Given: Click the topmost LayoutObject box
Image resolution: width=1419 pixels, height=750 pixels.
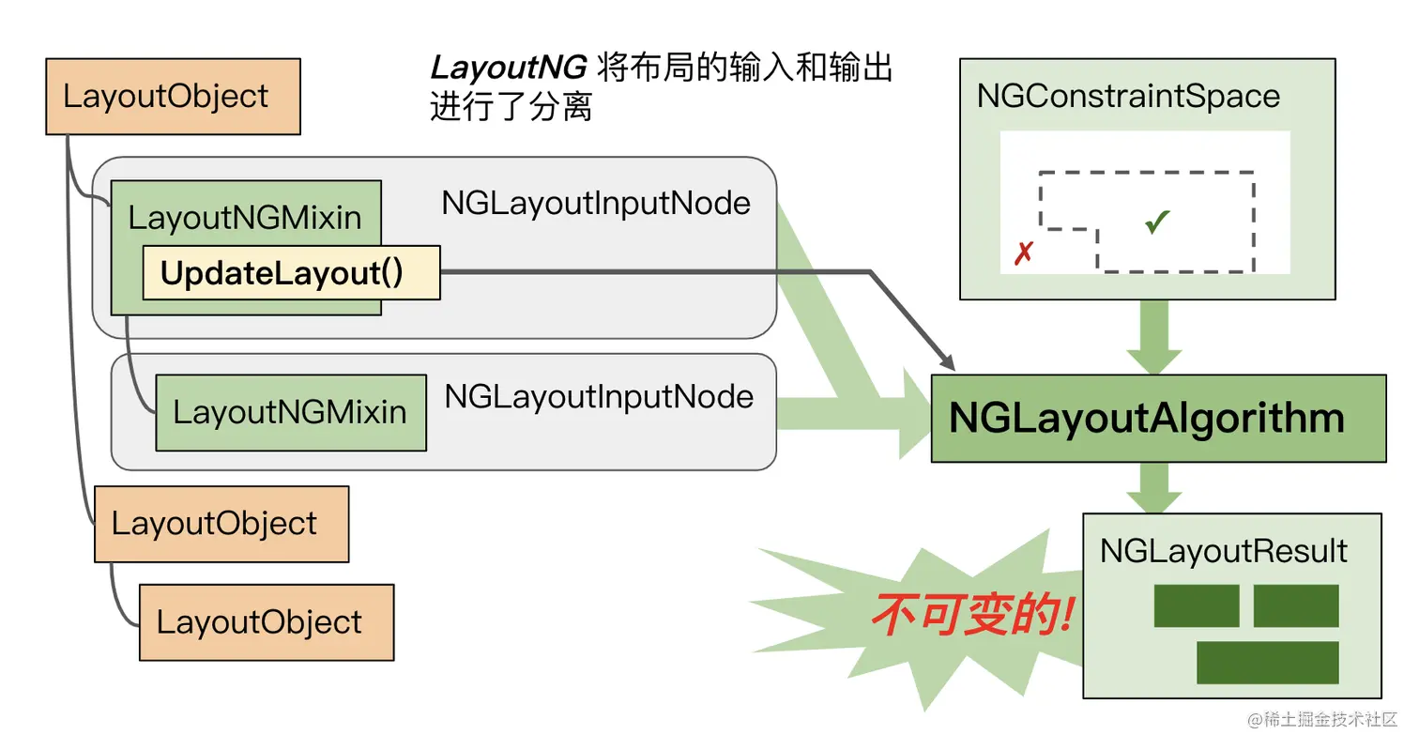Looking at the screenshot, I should tap(173, 97).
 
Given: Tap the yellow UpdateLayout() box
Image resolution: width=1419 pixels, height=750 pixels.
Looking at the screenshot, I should tap(291, 273).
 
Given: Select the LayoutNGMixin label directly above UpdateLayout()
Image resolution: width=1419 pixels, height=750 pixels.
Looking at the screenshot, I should tap(245, 218).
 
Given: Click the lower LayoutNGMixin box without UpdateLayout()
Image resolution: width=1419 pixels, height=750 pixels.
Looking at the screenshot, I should tap(290, 412).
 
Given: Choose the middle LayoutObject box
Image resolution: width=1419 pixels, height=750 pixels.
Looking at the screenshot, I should tap(221, 524).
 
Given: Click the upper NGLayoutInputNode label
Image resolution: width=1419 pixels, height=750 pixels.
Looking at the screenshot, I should tap(596, 204).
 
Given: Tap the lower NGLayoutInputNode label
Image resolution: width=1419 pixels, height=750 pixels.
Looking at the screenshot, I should tap(599, 396).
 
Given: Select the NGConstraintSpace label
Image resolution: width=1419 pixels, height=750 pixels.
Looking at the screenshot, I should tap(1128, 96).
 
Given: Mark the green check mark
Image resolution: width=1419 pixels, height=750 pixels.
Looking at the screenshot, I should tap(1157, 222).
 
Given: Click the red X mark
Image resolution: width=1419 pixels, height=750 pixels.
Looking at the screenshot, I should tap(1024, 253).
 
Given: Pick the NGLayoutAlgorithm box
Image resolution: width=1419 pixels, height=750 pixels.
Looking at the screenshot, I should tap(1157, 419).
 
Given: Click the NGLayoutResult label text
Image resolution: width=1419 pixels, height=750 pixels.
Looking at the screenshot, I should tap(1223, 551).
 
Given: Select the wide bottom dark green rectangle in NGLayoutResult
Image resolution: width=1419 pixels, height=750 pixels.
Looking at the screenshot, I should tap(1267, 663).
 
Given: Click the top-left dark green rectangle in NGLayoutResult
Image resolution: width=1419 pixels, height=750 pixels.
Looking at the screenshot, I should tap(1196, 606).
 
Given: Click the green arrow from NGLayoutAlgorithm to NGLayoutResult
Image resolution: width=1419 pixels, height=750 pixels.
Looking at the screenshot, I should tap(1153, 488).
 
